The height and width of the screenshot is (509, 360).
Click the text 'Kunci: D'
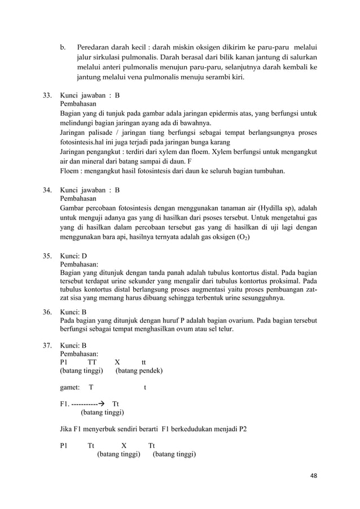coord(73,255)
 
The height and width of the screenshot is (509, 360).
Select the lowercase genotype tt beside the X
coord(144,362)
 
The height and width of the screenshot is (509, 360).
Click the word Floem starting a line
coord(70,171)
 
